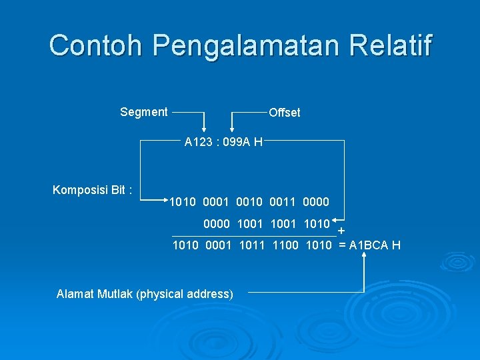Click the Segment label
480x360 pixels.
(144, 112)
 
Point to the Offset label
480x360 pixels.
(285, 113)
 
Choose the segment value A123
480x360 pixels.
(198, 142)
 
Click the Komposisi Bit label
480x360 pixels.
(92, 191)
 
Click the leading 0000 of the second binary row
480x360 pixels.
(216, 224)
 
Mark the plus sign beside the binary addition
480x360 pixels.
(341, 231)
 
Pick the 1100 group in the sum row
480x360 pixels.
(285, 245)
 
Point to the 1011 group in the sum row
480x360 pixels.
(252, 245)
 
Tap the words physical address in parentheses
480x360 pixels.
(185, 293)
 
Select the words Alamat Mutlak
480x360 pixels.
(95, 293)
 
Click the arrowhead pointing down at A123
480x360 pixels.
(205, 130)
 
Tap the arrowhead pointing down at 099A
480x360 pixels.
(232, 130)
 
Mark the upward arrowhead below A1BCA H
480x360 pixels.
(365, 260)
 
